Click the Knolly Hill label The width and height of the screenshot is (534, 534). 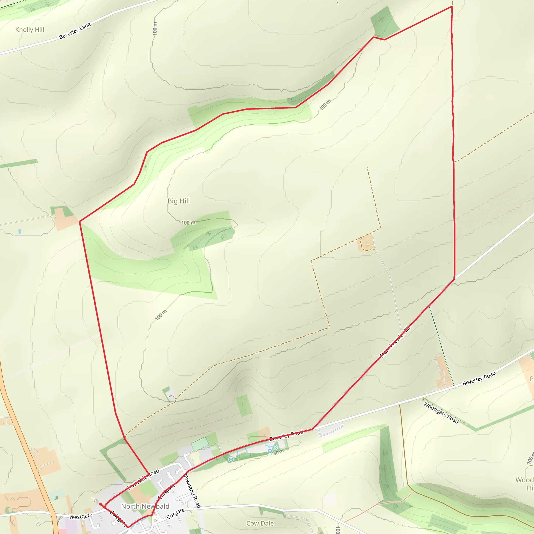point(29,30)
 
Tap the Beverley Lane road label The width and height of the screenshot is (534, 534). point(75,31)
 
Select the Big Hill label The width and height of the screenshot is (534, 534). point(179,201)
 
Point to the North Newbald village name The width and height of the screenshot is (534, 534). point(145,506)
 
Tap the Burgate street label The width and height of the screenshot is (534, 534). point(175,514)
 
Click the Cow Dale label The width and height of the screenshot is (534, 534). point(260,523)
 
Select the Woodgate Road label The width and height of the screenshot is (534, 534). point(441,413)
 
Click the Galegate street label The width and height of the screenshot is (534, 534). point(118,518)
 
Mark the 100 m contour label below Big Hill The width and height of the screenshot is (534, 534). point(188,223)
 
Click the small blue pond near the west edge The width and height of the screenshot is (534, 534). point(19,231)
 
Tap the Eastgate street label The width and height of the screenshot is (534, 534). point(166,491)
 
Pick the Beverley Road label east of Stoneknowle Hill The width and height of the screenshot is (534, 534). point(479,378)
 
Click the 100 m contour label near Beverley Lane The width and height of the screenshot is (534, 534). point(155,28)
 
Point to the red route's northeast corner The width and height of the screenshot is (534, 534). point(452,6)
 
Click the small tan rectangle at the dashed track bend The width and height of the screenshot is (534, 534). point(367,243)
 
